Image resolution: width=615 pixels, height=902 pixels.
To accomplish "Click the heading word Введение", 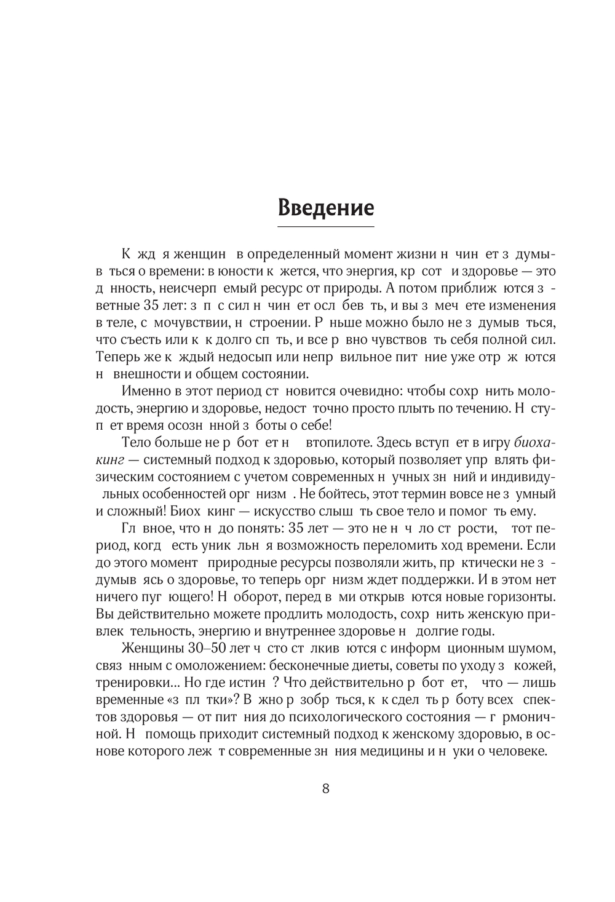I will click(x=325, y=207).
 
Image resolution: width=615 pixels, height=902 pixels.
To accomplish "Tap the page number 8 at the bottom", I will click(x=326, y=789).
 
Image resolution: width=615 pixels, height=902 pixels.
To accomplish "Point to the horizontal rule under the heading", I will click(x=325, y=227).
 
